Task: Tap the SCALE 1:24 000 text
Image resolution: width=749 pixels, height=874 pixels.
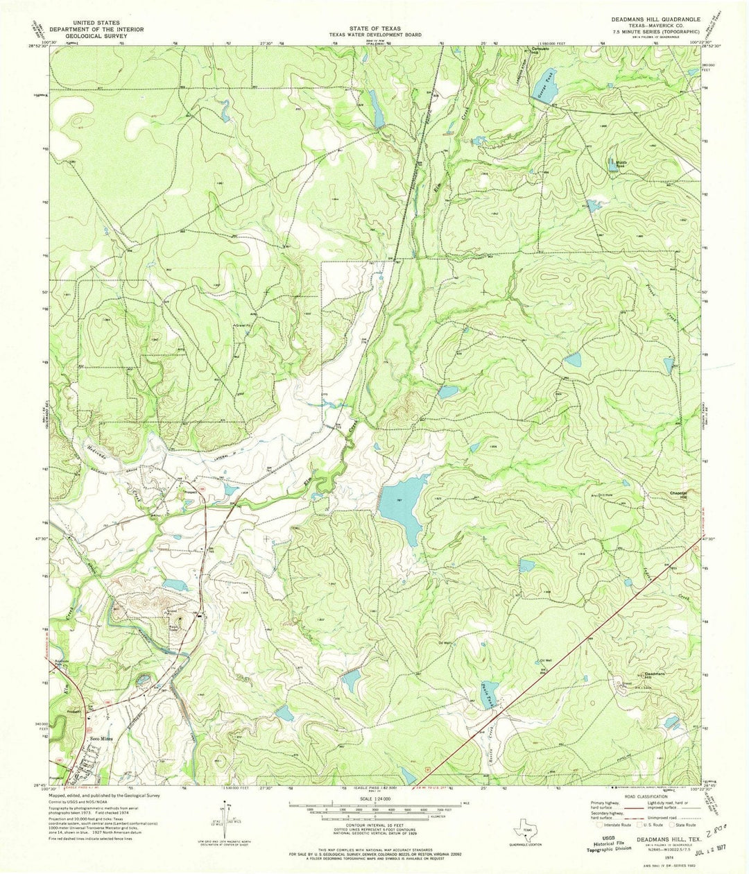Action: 375,795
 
